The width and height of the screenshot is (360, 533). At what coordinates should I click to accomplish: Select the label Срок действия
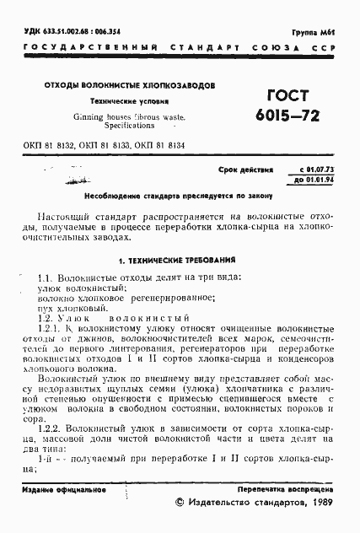tap(246, 170)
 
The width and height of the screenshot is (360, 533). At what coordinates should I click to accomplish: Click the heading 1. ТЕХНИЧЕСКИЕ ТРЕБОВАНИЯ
tap(176, 261)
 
